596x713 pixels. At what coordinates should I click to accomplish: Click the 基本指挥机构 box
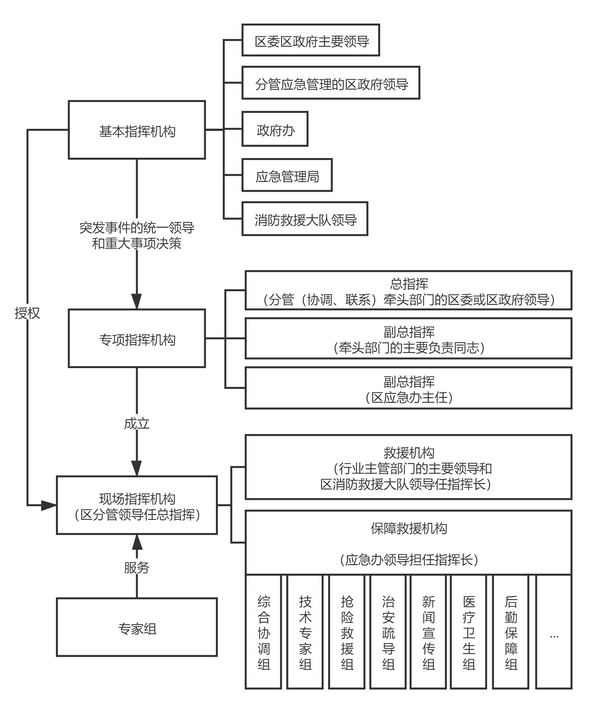tap(137, 130)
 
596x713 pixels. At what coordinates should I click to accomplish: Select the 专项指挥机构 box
tap(137, 338)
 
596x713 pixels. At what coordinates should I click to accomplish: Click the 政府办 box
tap(275, 129)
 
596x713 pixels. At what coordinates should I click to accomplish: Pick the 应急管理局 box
tap(287, 175)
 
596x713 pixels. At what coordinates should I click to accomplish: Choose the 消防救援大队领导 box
tap(305, 219)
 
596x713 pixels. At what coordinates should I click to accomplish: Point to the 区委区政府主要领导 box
tap(310, 40)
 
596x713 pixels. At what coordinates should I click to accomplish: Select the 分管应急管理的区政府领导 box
tap(331, 83)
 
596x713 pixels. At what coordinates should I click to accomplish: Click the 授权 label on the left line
tap(27, 313)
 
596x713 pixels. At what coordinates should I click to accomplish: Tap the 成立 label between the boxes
tap(137, 424)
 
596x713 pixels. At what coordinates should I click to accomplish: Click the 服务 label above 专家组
tap(137, 568)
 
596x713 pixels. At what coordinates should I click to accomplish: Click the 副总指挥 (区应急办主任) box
tap(409, 388)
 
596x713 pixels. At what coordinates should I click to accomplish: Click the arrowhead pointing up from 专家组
tap(137, 542)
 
